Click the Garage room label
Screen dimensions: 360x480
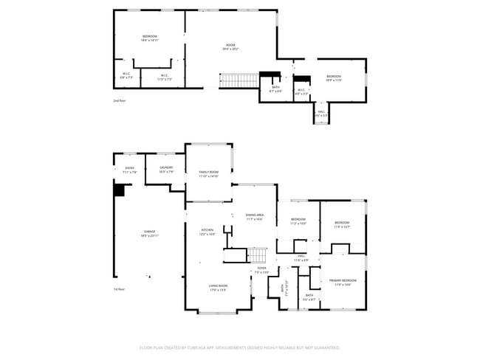(149, 233)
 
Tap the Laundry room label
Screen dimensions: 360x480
(166, 169)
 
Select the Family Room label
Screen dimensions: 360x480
(208, 174)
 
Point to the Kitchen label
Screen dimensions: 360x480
(208, 232)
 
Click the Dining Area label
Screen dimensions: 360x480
(255, 216)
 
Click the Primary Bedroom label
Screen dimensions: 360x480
(343, 281)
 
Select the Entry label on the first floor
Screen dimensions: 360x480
(130, 169)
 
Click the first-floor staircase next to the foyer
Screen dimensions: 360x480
(256, 255)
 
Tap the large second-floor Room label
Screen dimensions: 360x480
(230, 48)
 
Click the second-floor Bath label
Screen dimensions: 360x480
(275, 89)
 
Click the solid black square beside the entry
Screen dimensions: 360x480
(118, 190)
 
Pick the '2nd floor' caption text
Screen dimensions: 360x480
(119, 100)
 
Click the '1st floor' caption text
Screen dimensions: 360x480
(119, 289)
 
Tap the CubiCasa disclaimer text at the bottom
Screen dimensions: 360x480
(239, 347)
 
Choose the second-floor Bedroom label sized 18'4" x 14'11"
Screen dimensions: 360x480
(150, 38)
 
